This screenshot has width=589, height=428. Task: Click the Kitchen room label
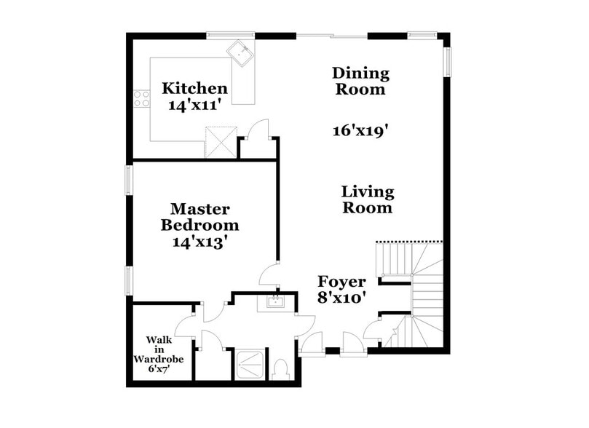point(194,89)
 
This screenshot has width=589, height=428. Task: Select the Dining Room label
point(360,82)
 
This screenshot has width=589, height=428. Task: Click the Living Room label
point(368,199)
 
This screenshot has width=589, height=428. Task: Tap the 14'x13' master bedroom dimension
point(200,241)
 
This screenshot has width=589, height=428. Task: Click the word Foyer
point(341,282)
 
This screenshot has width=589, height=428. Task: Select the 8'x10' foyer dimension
point(341,298)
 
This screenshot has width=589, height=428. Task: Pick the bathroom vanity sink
point(276,302)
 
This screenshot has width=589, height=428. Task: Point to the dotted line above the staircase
point(408,242)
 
